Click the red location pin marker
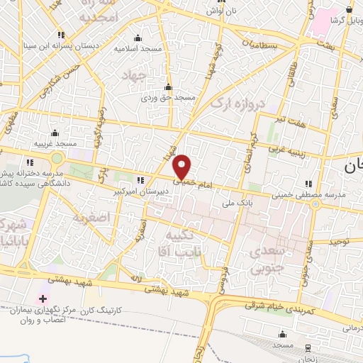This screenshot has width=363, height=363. (x=182, y=167)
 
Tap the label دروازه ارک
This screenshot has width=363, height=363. (x=237, y=104)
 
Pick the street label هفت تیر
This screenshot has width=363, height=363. (x=290, y=121)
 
